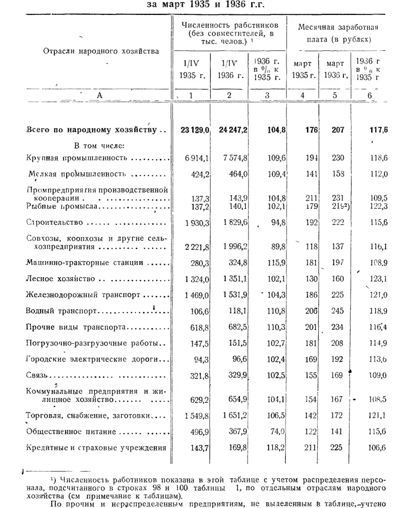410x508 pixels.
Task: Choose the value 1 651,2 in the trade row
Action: coord(234,415)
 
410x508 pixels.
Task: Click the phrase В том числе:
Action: coord(96,145)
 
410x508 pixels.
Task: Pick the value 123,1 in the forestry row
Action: coord(377,279)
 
